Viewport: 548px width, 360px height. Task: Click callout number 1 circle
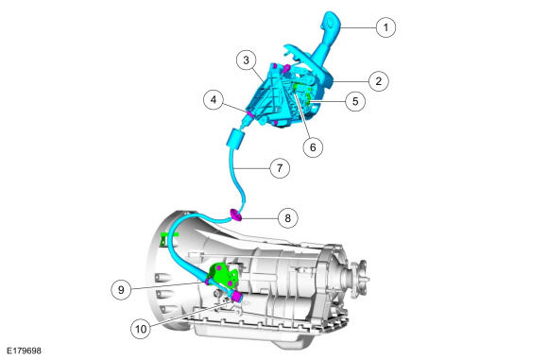pos(385,27)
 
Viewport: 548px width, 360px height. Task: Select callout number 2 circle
pos(379,81)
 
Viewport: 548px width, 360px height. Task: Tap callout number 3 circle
pos(246,60)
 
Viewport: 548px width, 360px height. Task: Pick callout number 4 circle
pos(214,100)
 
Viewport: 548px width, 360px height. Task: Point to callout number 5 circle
pos(355,101)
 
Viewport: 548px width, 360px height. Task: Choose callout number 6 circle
pos(313,147)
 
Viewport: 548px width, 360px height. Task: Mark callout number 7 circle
pos(280,168)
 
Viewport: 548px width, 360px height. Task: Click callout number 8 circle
pos(287,218)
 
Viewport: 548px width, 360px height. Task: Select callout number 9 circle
pos(121,290)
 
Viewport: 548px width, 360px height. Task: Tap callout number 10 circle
pos(141,329)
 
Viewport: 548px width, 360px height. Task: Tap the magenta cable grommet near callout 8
pos(236,214)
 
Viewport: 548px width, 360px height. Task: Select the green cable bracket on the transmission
pos(222,274)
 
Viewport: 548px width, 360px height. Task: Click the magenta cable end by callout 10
pos(236,297)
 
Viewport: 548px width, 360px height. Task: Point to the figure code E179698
pos(24,351)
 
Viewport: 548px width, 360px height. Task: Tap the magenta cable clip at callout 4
pos(250,114)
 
